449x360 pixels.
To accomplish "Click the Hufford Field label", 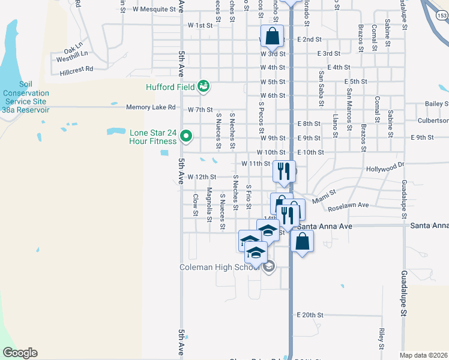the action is click(x=170, y=87).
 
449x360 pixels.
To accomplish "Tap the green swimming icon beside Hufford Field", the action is click(x=203, y=87).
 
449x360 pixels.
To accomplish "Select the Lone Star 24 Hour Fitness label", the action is click(x=153, y=137).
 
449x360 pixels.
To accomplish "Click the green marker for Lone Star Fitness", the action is click(x=186, y=137).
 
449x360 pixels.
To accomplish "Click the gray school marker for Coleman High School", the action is click(x=269, y=267).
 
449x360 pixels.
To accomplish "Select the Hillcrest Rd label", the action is click(x=76, y=70).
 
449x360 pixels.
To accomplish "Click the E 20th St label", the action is click(x=310, y=314).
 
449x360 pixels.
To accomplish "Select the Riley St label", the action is click(x=381, y=338).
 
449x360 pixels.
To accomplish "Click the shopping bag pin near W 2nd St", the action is click(x=272, y=36).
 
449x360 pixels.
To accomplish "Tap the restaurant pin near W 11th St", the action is click(x=284, y=171).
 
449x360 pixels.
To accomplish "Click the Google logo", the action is click(x=19, y=353).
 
